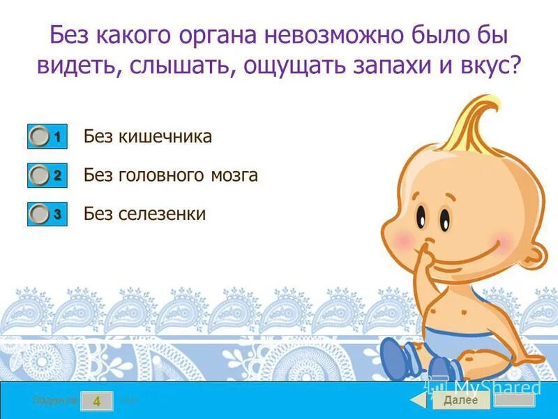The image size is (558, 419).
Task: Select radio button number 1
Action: tap(40, 136)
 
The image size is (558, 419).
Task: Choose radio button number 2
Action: tap(40, 175)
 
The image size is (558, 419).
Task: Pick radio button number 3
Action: tap(40, 214)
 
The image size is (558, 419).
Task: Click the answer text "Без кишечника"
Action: tap(147, 136)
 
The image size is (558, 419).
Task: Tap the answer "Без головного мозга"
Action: tap(171, 175)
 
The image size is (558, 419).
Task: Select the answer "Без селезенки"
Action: tap(144, 214)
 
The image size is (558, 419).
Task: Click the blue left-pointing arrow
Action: tap(418, 400)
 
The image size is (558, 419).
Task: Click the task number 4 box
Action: tap(97, 401)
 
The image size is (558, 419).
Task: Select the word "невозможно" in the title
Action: tap(335, 36)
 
